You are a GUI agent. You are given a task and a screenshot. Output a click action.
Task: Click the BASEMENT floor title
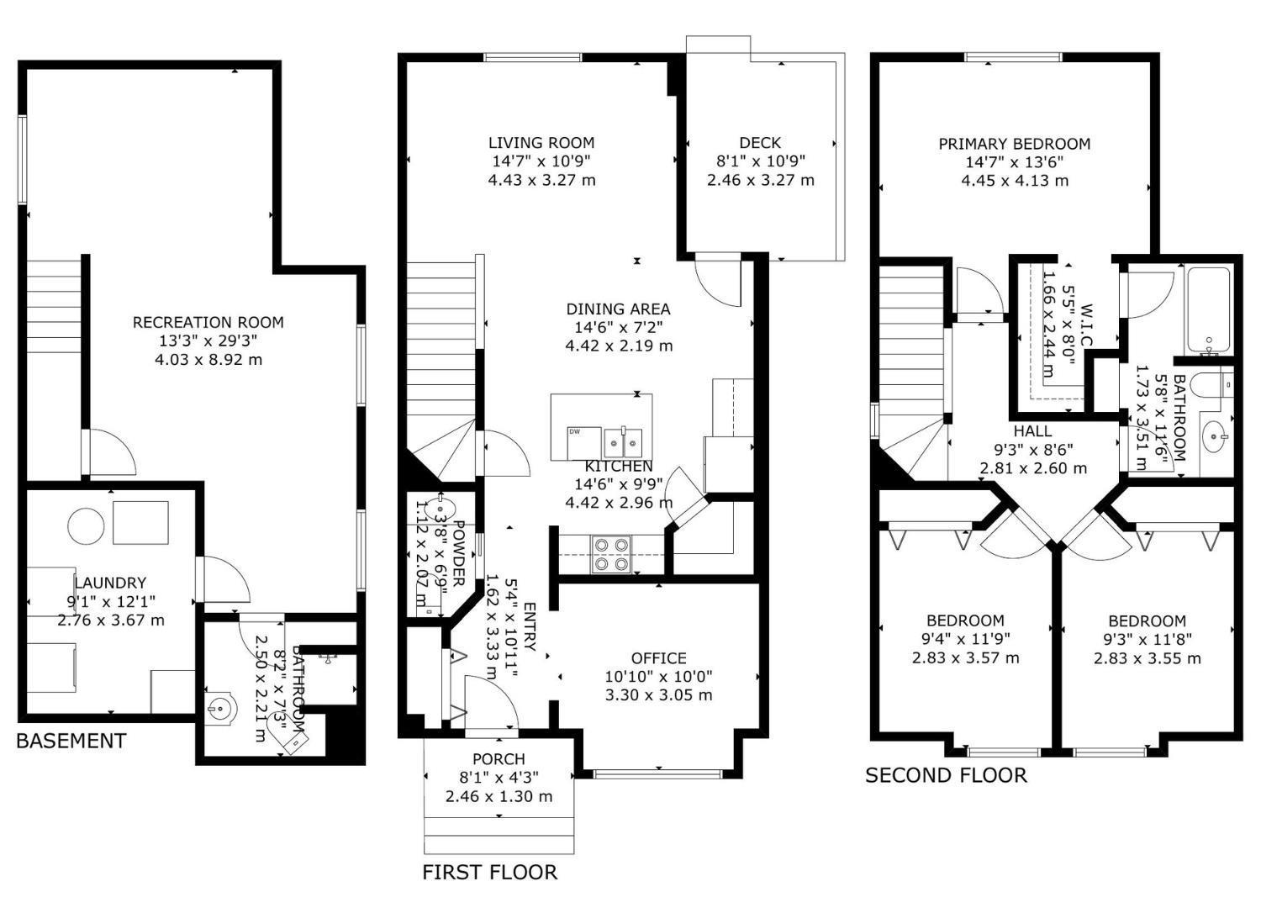click(71, 741)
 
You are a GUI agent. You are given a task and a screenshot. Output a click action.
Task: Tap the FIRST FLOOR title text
click(489, 872)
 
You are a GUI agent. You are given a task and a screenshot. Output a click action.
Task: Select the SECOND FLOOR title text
click(946, 774)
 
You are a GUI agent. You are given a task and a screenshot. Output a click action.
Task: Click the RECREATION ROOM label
click(208, 322)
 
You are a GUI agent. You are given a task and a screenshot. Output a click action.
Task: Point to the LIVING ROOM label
click(541, 143)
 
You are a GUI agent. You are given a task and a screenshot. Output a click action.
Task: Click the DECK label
click(760, 143)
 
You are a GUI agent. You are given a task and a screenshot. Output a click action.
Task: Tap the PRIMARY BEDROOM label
click(1014, 144)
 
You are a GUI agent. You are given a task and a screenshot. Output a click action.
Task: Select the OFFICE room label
click(658, 658)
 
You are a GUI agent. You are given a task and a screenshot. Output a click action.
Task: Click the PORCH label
click(499, 759)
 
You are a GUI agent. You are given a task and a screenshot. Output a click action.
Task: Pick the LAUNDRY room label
click(110, 583)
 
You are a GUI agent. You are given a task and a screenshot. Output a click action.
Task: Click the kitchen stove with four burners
click(611, 554)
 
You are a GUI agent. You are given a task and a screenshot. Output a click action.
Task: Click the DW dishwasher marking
click(575, 431)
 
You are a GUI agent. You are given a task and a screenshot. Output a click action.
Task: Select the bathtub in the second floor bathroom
click(1208, 310)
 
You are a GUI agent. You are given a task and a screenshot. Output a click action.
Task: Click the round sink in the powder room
click(440, 508)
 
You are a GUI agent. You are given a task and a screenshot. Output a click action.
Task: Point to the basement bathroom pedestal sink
click(221, 709)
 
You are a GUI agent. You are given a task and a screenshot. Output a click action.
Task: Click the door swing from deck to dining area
click(720, 281)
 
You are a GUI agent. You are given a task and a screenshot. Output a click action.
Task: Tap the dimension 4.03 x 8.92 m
click(208, 360)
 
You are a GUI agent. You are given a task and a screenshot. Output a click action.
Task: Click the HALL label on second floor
click(1032, 430)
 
